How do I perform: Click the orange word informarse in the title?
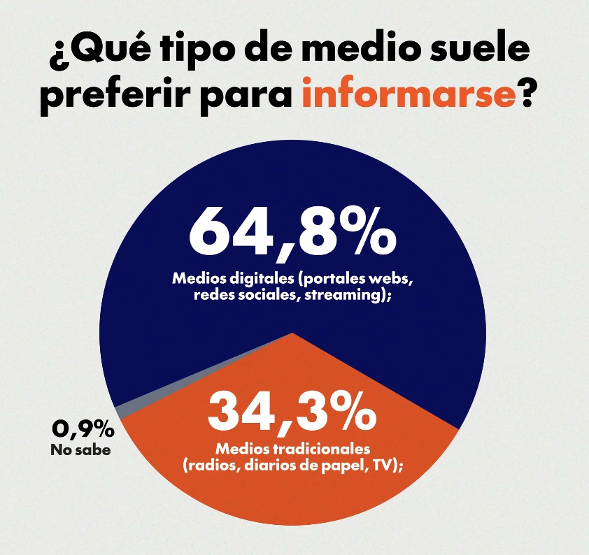pyautogui.click(x=409, y=95)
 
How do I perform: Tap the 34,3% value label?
pyautogui.click(x=292, y=411)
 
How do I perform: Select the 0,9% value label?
pyautogui.click(x=83, y=428)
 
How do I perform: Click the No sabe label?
pyautogui.click(x=80, y=450)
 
